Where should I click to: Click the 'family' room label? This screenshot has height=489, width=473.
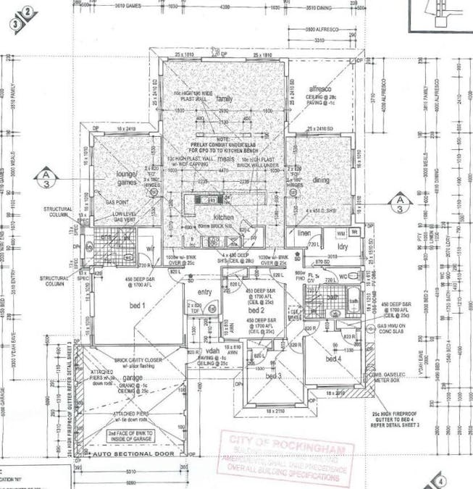point(224,99)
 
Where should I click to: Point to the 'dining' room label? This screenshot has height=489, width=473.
point(321,180)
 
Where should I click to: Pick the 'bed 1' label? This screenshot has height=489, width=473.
point(137,305)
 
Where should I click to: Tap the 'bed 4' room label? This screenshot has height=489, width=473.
point(334,359)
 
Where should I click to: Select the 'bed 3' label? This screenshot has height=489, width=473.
point(272,376)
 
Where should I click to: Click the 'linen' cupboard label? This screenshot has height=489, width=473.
point(303,233)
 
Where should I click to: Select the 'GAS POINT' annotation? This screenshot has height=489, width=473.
point(118,203)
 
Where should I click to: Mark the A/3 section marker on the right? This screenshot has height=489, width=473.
point(398,201)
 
